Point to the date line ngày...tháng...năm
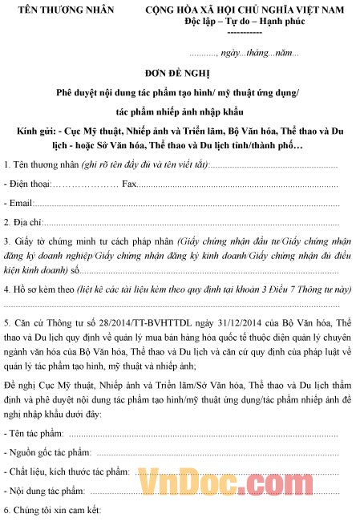pyautogui.click(x=258, y=53)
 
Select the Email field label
pyautogui.click(x=19, y=203)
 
